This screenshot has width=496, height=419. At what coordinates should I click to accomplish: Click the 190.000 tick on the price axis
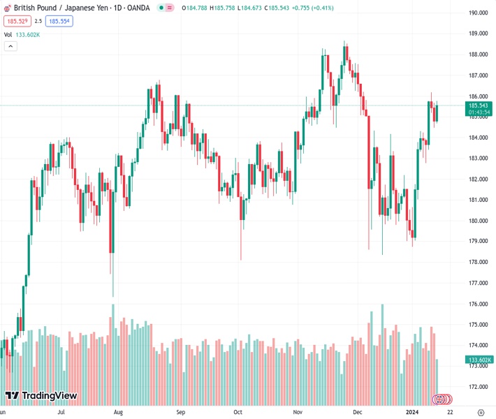pyautogui.click(x=478, y=13)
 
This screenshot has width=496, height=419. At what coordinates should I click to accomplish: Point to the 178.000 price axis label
pyautogui.click(x=478, y=262)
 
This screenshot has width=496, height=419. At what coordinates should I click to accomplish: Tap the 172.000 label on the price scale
pyautogui.click(x=478, y=386)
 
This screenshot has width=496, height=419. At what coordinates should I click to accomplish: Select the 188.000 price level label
pyautogui.click(x=478, y=54)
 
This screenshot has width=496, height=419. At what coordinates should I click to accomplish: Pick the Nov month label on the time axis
pyautogui.click(x=298, y=412)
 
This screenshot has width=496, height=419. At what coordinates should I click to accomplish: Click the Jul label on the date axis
pyautogui.click(x=61, y=412)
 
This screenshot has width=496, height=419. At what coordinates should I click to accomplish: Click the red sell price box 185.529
pyautogui.click(x=16, y=21)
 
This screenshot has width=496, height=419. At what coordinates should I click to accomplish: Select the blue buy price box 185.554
pyautogui.click(x=60, y=21)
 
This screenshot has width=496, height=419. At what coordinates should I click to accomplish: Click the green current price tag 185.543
pyautogui.click(x=479, y=105)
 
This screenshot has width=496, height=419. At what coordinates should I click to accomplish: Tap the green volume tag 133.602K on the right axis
pyautogui.click(x=479, y=360)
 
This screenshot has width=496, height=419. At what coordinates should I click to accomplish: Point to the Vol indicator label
pyautogui.click(x=8, y=34)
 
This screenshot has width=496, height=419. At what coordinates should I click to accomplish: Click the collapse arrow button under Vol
pyautogui.click(x=10, y=46)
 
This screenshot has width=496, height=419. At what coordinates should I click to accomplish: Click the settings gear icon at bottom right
pyautogui.click(x=481, y=412)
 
